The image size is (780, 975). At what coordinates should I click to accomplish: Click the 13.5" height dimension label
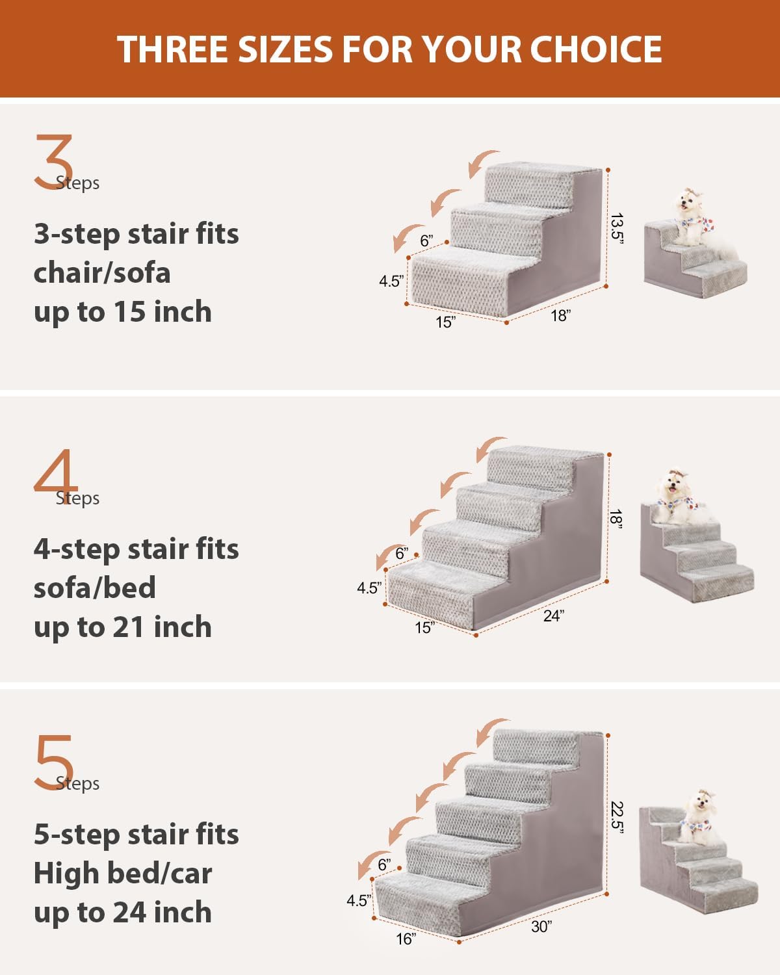(617, 228)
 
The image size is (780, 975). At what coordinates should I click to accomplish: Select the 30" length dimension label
(541, 926)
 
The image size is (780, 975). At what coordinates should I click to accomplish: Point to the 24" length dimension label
(552, 616)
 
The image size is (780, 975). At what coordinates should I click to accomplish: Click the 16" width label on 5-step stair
(406, 939)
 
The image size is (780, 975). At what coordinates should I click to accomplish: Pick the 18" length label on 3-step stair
(560, 316)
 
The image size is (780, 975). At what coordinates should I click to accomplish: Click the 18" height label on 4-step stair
(616, 519)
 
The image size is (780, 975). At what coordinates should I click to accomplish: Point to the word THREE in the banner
(173, 49)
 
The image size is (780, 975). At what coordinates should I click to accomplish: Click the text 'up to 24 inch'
(123, 913)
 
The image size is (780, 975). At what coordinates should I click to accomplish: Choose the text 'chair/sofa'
(102, 272)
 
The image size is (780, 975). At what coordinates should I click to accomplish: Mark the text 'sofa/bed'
(95, 588)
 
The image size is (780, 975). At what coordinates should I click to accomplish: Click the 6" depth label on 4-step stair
(402, 553)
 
